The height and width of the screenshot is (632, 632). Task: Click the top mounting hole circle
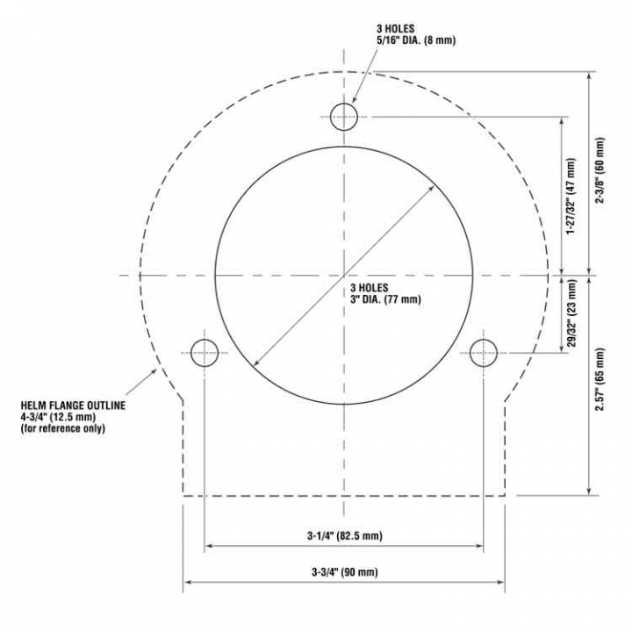[344, 116]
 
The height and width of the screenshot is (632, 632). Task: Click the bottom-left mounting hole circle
[205, 353]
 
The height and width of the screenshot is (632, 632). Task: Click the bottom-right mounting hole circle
[484, 353]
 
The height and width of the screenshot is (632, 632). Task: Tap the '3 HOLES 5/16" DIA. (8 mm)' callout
[403, 34]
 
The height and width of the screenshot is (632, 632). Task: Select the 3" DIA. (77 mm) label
[386, 299]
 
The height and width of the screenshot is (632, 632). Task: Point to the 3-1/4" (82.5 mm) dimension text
[344, 535]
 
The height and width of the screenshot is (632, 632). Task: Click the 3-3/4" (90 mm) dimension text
[344, 572]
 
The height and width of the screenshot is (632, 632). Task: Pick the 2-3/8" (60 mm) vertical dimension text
[600, 171]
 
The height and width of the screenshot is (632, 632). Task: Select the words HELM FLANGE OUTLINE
[74, 406]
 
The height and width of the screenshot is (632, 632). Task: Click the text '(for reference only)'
[63, 428]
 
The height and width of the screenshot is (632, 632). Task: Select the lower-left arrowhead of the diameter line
[255, 363]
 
